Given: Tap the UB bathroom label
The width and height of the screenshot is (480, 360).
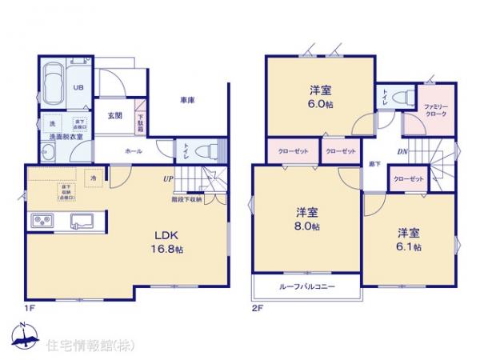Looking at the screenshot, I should [x=79, y=88].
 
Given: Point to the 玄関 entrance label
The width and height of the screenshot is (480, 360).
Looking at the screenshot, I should [x=114, y=115].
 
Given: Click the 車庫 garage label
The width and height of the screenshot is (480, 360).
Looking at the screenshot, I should [x=187, y=100].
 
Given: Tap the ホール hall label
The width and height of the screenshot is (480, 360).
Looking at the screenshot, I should [x=134, y=150].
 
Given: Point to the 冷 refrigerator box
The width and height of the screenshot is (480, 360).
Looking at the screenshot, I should [x=94, y=177].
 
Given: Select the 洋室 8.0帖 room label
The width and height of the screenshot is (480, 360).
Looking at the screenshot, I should [x=307, y=219].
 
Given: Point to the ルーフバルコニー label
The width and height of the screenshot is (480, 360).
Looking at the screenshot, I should [x=307, y=286].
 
